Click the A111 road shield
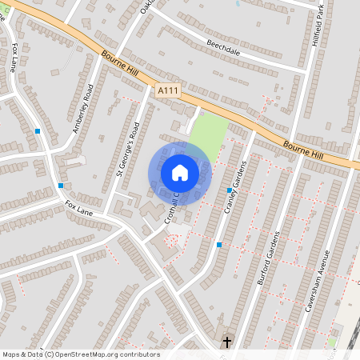pos(167,92)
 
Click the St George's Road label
pos(128,148)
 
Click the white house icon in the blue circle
pos(180,173)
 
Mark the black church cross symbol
pos(226,342)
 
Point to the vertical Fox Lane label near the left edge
pos(14,59)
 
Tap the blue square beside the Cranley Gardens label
pos(230,190)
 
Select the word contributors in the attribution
pos(141,354)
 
